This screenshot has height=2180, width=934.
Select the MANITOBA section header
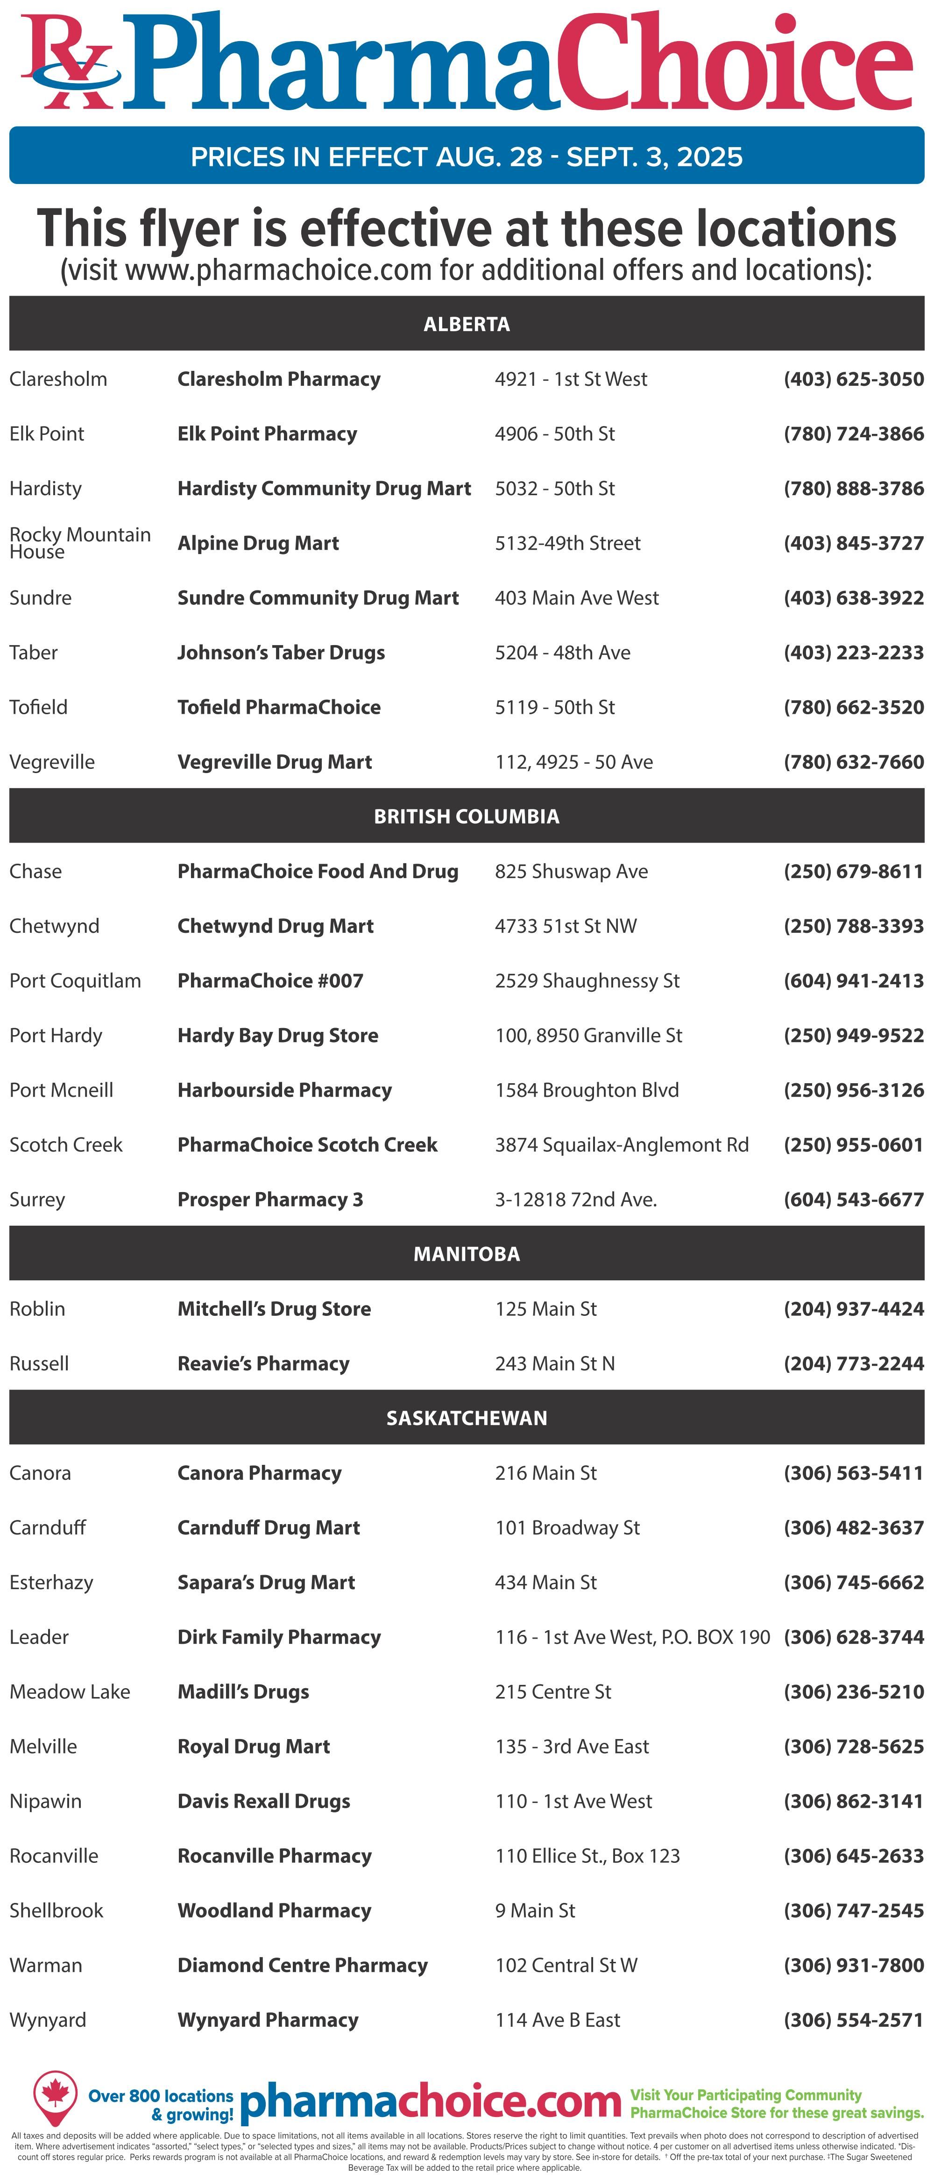(x=466, y=1253)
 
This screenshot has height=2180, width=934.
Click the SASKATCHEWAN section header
(x=466, y=1418)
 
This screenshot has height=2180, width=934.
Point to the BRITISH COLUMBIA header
(x=466, y=817)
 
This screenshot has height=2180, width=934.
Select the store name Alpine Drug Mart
(x=258, y=543)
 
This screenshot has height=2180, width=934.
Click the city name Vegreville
(x=52, y=762)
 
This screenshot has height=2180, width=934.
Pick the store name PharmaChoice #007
(x=270, y=981)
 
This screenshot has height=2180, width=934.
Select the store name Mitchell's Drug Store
(x=274, y=1308)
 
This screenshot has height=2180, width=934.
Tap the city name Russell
(x=39, y=1363)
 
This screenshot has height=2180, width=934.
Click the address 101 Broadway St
(x=567, y=1527)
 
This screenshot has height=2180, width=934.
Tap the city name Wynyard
(x=47, y=2020)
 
